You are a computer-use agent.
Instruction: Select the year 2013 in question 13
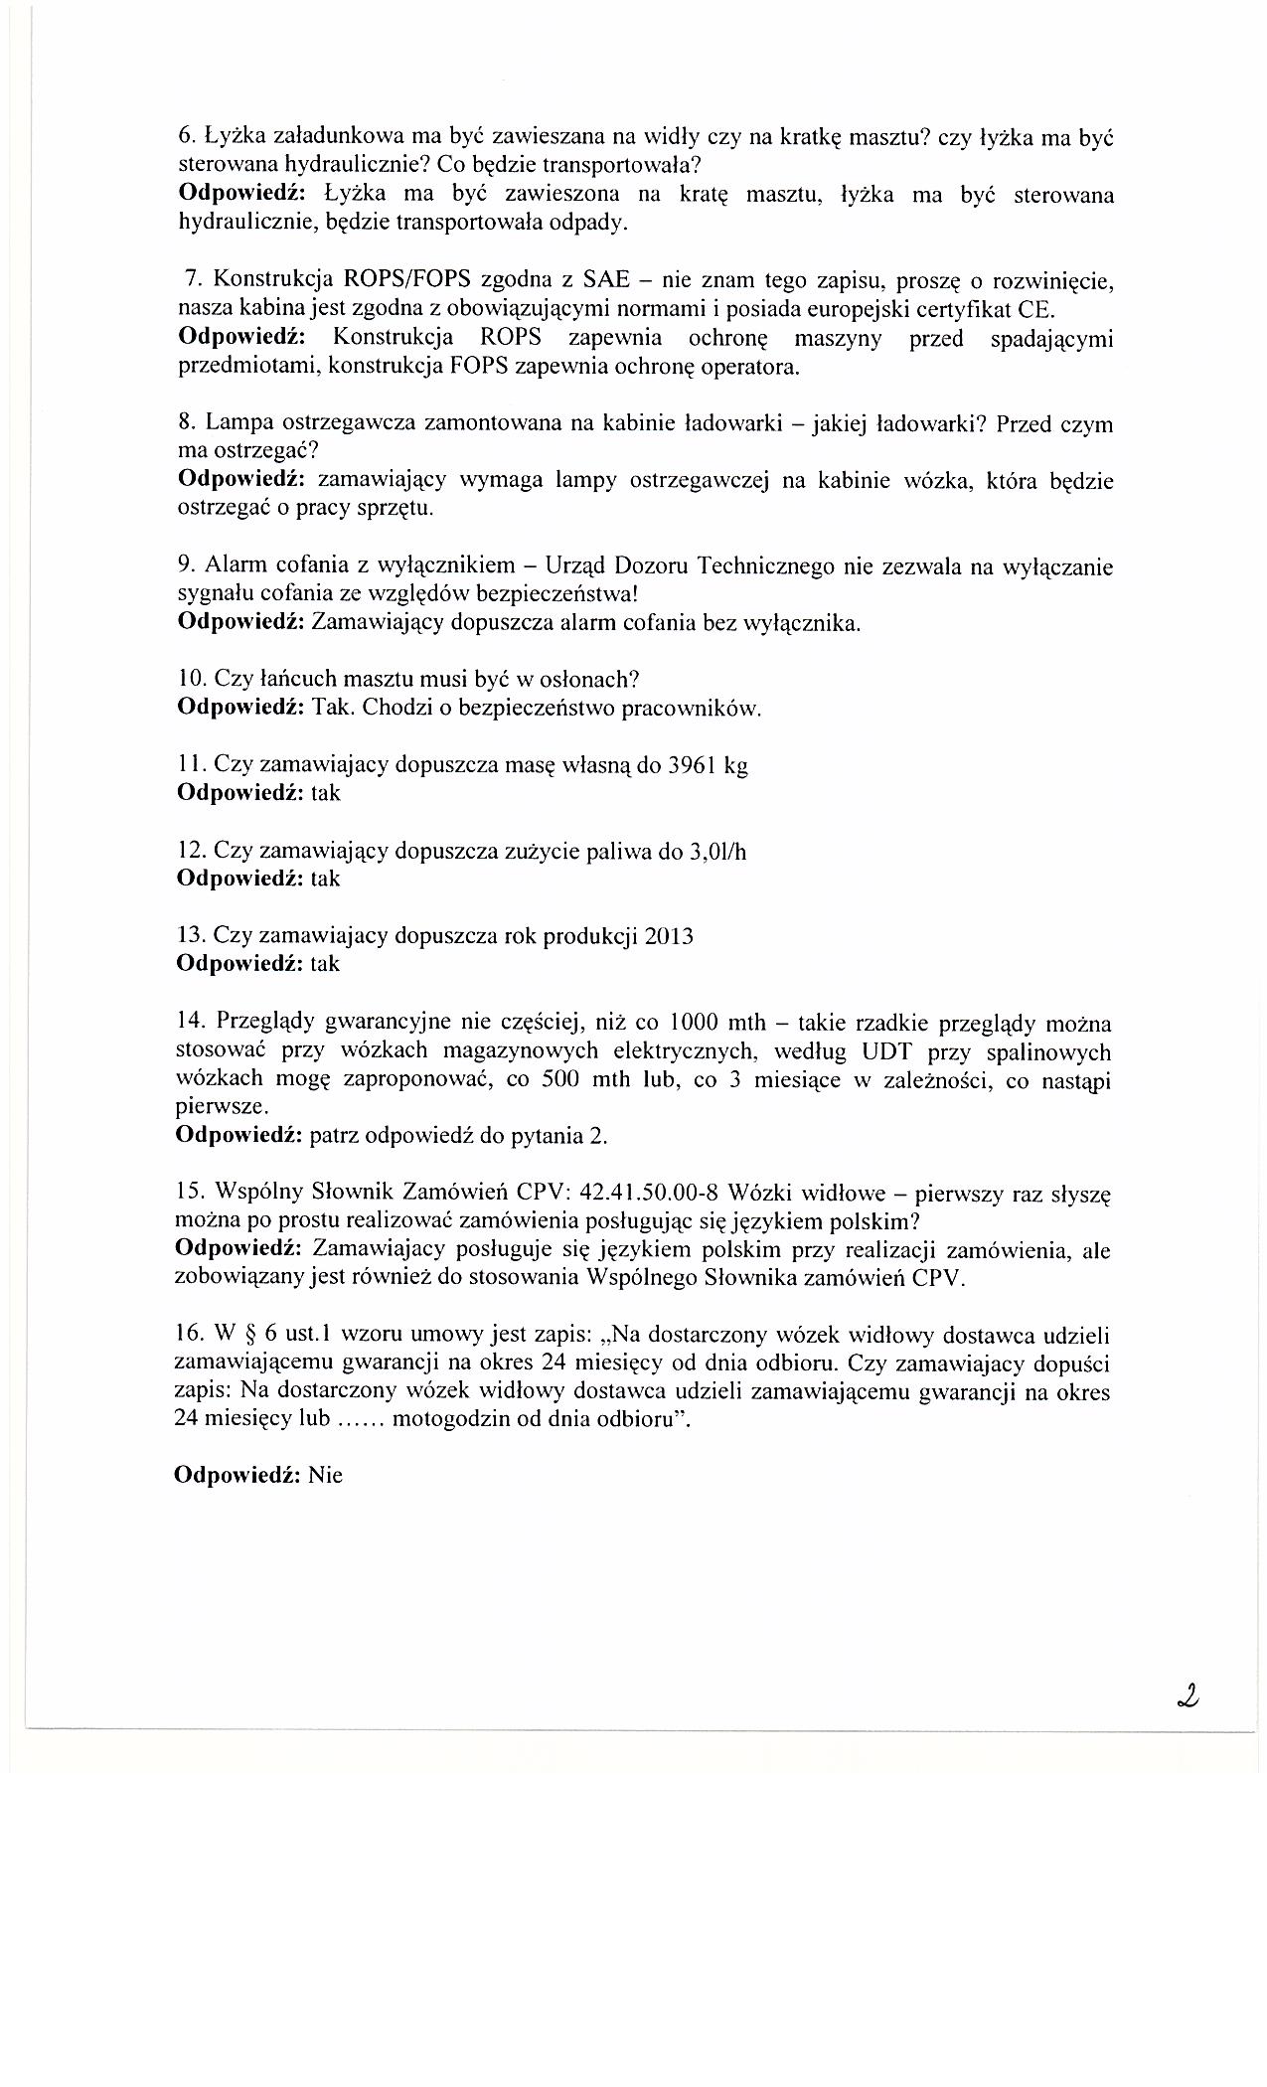click(669, 936)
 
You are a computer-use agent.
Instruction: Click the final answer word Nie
click(326, 1475)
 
